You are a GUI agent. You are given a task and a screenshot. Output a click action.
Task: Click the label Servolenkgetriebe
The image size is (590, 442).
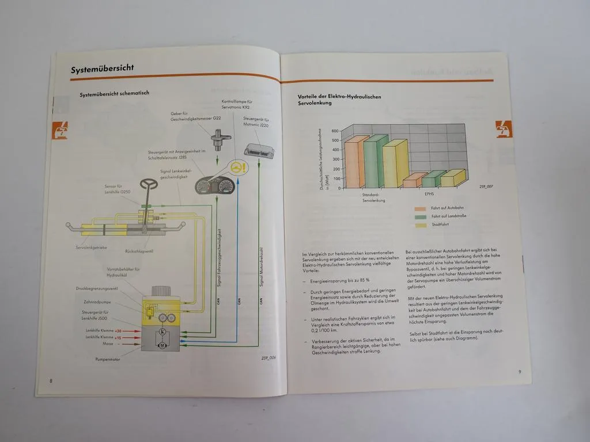(92, 247)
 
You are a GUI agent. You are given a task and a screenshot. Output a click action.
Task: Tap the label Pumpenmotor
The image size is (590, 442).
(109, 360)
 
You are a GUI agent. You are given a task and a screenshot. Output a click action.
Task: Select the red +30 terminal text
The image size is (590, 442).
(118, 331)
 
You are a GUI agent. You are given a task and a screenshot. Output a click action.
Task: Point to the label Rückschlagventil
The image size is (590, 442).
(139, 252)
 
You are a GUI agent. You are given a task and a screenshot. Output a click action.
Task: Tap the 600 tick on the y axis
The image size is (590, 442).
(335, 131)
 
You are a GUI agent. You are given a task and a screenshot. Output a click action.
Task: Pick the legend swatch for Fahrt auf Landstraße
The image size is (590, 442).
(420, 217)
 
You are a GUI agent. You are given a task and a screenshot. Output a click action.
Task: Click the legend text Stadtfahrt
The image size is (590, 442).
(440, 224)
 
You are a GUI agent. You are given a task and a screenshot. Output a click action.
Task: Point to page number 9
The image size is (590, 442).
(519, 371)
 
